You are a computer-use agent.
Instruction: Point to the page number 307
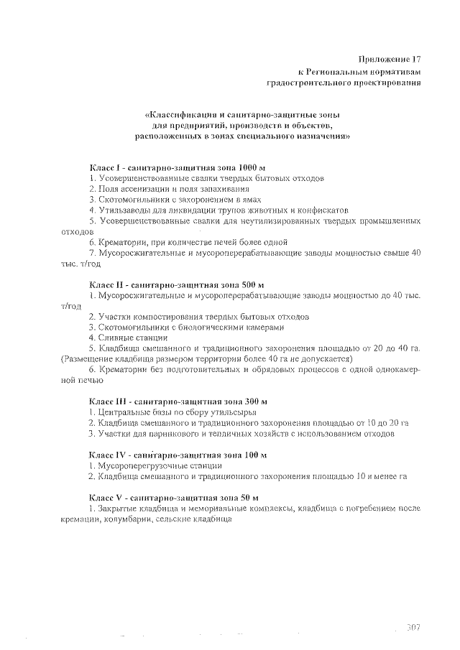tap(413, 627)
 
